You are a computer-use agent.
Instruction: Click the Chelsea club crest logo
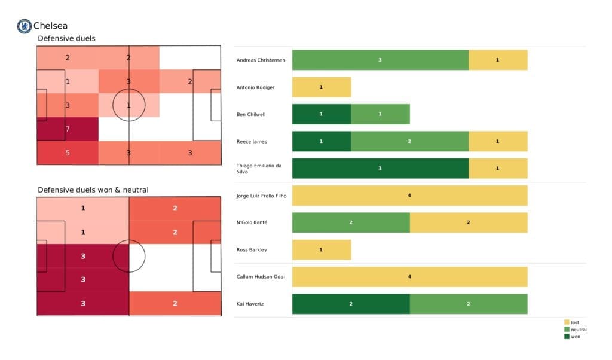24,26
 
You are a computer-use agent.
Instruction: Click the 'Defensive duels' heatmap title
66,38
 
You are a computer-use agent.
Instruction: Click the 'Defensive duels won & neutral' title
93,190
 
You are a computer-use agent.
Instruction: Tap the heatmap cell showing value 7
67,129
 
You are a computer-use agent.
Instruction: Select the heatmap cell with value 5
67,153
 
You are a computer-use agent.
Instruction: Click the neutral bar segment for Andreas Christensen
380,60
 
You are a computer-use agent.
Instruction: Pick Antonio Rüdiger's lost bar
321,87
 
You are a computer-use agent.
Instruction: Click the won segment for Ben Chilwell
321,114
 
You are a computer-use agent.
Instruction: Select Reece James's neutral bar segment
409,141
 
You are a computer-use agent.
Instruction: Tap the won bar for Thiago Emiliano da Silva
380,168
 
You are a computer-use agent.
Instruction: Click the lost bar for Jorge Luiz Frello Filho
409,195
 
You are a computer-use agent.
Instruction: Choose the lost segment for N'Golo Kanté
468,222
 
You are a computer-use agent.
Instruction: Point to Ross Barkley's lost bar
321,249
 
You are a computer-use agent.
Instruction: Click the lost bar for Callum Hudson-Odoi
409,276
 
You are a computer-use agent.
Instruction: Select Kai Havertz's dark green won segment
350,304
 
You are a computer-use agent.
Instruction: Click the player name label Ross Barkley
252,250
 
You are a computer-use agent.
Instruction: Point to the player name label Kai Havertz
251,304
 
